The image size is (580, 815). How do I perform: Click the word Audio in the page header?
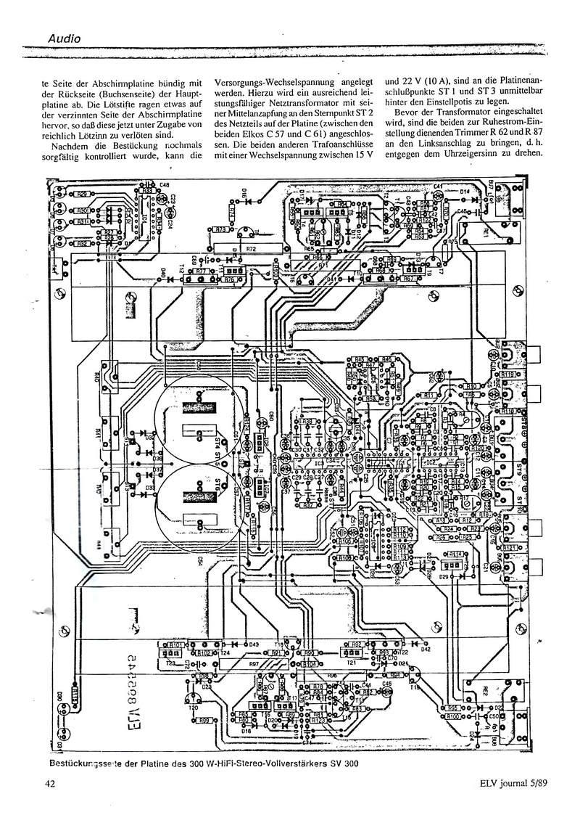pos(65,37)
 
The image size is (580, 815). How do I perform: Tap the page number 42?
pos(51,783)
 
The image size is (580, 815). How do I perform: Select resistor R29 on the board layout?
pos(82,194)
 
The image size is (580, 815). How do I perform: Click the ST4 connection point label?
pos(218,440)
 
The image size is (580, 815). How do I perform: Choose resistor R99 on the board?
pos(204,720)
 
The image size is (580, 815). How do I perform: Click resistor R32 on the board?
pos(82,244)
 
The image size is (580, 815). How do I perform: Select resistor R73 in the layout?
pos(220,229)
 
